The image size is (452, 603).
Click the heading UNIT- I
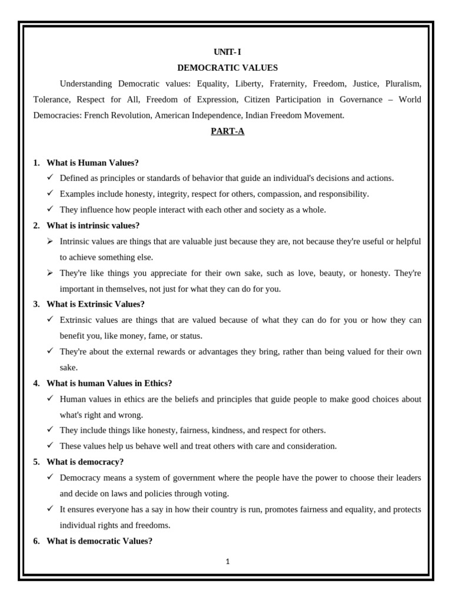click(227, 52)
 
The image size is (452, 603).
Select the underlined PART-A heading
click(227, 131)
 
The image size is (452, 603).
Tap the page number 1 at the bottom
click(228, 561)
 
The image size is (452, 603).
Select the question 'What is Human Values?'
click(92, 163)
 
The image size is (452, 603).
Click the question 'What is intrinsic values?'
click(93, 226)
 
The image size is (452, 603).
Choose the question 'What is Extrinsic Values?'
click(95, 304)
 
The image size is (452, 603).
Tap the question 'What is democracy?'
click(85, 462)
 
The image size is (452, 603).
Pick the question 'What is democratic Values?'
click(99, 541)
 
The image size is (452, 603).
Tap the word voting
click(216, 493)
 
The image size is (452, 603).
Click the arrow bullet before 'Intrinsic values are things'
click(50, 241)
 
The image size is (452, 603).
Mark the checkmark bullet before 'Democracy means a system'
click(50, 478)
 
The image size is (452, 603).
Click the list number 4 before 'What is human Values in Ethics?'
click(36, 383)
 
